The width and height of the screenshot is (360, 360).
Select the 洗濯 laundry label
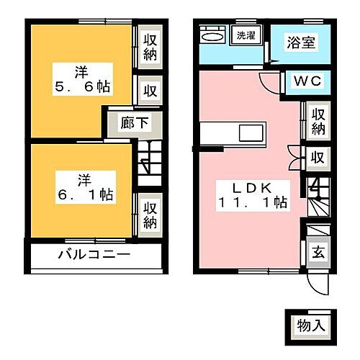[x=246, y=35]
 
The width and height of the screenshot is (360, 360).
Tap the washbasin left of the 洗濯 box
[x=212, y=35]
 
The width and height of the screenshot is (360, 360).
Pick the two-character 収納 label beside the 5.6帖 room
[x=150, y=45]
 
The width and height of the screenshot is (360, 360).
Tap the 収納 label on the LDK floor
[x=318, y=121]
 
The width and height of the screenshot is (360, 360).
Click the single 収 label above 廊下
[x=150, y=91]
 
